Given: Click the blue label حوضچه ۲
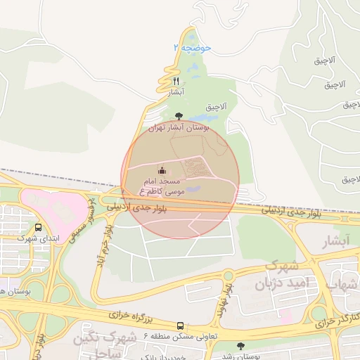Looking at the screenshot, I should click(192, 47).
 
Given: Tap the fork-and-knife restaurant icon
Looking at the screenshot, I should click(176, 82).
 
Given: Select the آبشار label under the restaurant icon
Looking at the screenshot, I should click(176, 92).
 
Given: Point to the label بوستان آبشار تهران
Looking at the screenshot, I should click(176, 128).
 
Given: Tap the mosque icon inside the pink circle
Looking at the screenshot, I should click(162, 170).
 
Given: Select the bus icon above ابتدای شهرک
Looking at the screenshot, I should click(37, 227).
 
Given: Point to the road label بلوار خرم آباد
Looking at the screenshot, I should click(105, 242).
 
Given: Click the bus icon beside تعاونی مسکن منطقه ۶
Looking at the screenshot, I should click(181, 326).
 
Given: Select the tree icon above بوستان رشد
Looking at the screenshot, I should click(242, 346).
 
